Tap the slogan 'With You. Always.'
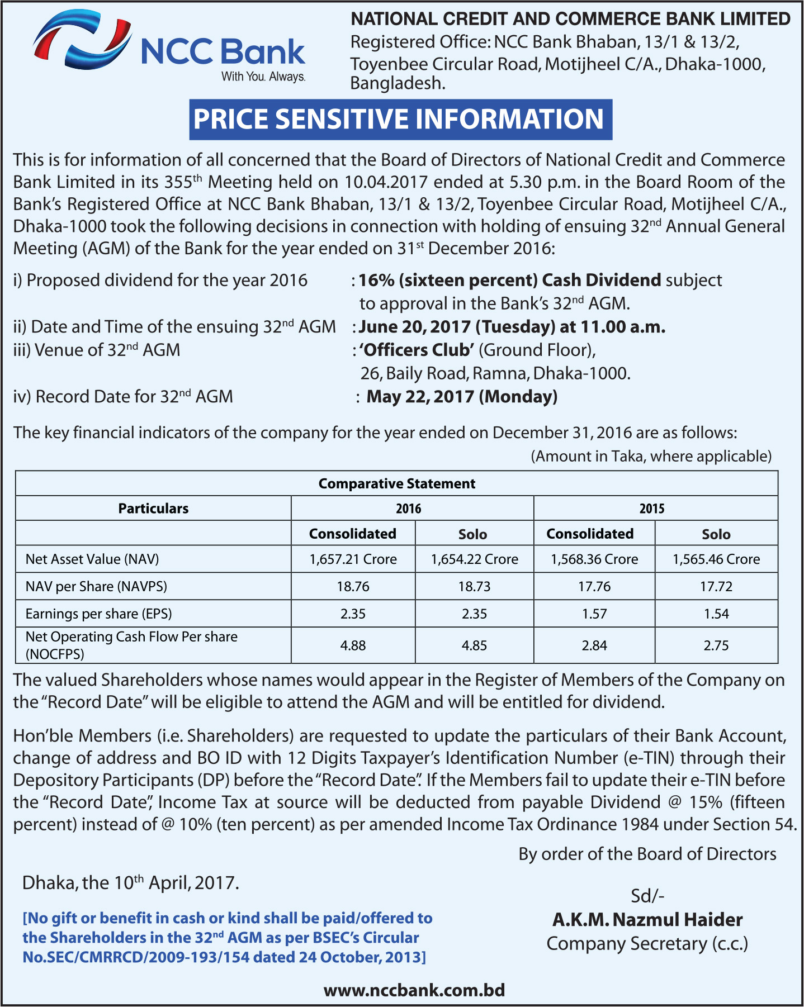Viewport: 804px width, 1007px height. click(263, 77)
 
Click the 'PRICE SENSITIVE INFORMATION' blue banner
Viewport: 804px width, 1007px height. click(400, 120)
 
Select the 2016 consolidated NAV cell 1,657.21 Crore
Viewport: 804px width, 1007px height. click(353, 559)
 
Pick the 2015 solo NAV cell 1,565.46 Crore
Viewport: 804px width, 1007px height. click(716, 559)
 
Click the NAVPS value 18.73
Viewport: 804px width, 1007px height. click(474, 586)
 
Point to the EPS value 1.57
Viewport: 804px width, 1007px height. click(594, 614)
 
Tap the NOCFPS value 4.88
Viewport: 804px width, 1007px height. click(353, 645)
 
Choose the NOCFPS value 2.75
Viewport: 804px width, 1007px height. click(716, 645)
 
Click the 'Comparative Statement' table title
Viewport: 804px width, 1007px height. click(396, 483)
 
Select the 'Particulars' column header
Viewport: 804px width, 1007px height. click(153, 509)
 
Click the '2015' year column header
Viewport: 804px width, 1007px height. click(652, 509)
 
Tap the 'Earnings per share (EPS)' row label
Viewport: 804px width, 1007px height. click(99, 614)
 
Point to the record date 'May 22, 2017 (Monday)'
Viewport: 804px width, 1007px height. click(462, 397)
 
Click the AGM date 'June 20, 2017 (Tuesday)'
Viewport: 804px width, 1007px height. click(457, 327)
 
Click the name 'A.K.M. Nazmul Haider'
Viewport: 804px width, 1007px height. click(647, 919)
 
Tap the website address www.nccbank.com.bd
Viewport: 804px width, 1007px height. click(414, 990)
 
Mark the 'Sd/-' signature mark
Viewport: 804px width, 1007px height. click(647, 896)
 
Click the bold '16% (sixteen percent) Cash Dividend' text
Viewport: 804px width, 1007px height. click(509, 280)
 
